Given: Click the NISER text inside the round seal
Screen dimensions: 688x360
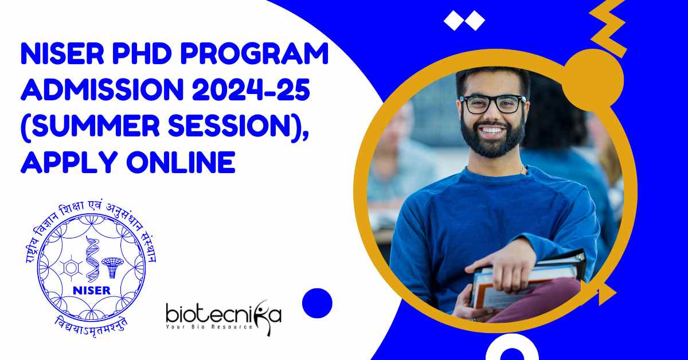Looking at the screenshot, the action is click(x=92, y=290).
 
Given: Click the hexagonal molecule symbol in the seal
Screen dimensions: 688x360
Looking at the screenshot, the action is click(x=71, y=268).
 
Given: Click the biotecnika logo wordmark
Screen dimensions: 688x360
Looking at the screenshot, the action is click(x=224, y=314).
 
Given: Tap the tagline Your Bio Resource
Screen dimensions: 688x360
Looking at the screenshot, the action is click(x=209, y=327).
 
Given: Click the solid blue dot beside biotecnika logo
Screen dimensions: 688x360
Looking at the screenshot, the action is click(x=317, y=303).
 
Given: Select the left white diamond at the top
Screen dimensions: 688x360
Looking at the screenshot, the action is click(x=454, y=21).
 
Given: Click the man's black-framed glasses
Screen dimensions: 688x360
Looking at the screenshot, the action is click(x=492, y=104).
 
